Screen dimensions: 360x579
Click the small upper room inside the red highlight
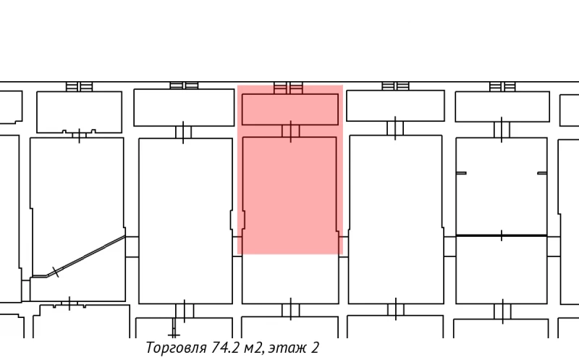(x=290, y=109)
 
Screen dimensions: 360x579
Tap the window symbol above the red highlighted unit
(x=288, y=88)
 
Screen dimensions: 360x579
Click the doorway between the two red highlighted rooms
(x=290, y=131)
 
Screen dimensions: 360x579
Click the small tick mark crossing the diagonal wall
(x=56, y=272)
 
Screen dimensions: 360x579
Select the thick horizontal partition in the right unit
(x=501, y=235)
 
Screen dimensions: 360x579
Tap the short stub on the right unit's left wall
(x=461, y=173)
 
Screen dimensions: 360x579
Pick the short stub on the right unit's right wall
(x=542, y=173)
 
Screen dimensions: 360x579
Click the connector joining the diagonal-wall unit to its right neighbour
(x=132, y=246)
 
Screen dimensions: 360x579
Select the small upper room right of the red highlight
(x=395, y=106)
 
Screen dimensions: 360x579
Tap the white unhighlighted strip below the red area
(x=290, y=279)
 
